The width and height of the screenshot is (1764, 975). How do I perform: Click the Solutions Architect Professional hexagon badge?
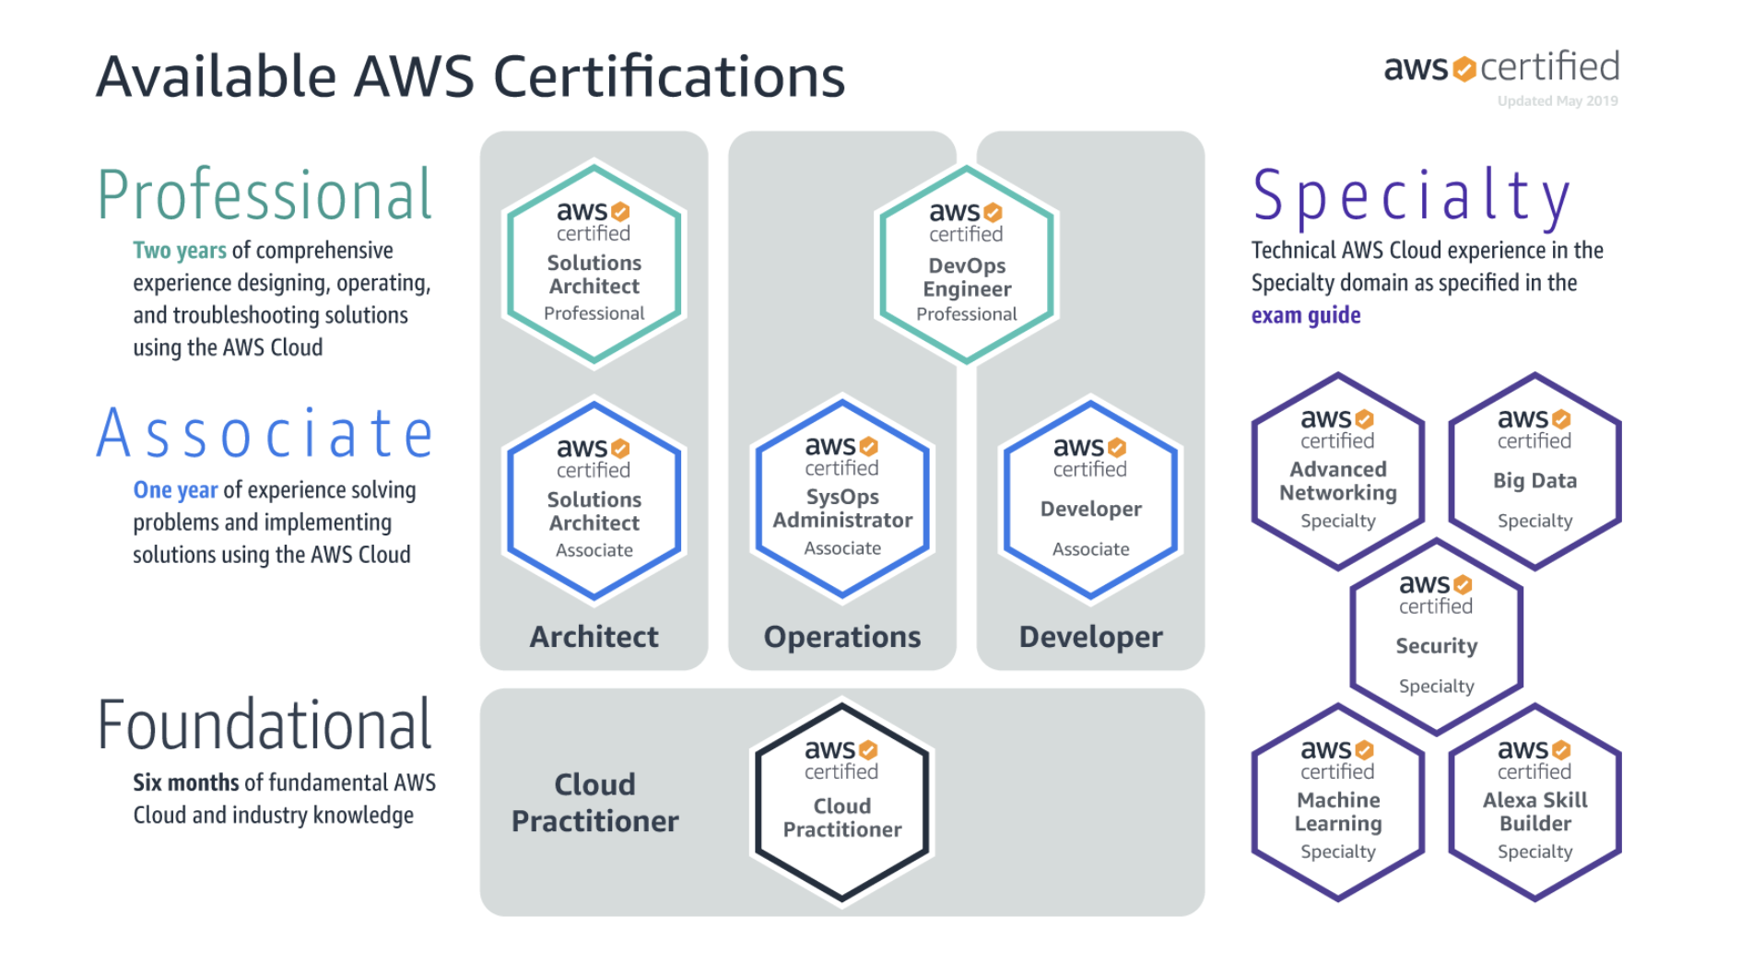(594, 264)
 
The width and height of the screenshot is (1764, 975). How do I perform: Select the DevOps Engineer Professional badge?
(966, 265)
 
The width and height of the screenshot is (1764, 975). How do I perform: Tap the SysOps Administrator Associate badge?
(841, 499)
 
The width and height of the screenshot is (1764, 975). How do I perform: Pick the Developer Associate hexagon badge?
(1090, 500)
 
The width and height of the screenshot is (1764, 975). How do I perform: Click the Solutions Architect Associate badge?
(594, 500)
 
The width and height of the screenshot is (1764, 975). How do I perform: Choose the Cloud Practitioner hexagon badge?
(841, 802)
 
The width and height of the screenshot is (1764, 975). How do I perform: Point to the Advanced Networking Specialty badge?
(1337, 472)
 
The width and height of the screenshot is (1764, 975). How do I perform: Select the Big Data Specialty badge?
(1535, 472)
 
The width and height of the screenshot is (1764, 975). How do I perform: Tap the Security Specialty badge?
(1436, 638)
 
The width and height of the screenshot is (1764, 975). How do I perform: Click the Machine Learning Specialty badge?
(1337, 803)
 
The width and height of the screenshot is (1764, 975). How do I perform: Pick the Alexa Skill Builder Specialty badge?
(1535, 803)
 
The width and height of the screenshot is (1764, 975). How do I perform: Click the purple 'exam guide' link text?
(1305, 315)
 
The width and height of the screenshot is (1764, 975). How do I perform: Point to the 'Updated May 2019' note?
(1557, 100)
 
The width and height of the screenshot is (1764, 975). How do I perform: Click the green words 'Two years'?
(179, 251)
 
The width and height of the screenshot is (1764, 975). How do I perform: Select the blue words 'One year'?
(175, 490)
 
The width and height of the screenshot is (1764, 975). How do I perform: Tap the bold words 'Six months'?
(185, 782)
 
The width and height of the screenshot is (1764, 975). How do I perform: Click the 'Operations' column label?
(841, 637)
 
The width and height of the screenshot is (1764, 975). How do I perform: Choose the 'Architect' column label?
(594, 637)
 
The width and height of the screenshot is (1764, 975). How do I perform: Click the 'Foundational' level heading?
(265, 726)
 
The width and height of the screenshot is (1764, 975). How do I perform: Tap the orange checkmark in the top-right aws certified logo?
(1464, 69)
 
